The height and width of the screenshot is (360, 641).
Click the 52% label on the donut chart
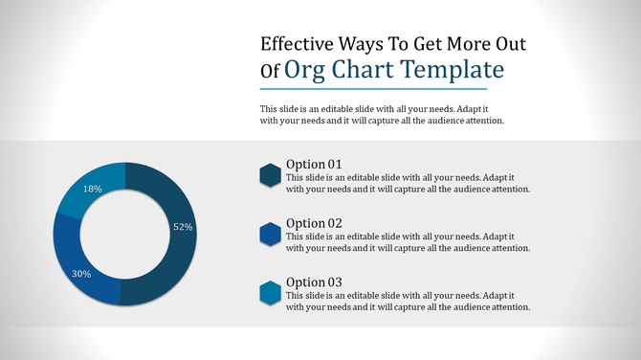(x=183, y=227)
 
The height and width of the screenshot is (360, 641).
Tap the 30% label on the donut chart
(x=81, y=274)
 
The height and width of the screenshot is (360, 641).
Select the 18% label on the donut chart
(x=93, y=190)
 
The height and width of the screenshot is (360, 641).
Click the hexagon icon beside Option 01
(x=270, y=175)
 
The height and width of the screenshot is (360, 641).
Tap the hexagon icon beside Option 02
(x=270, y=235)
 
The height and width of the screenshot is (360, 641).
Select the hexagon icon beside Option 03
(x=270, y=294)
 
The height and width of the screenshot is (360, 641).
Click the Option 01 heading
(x=314, y=164)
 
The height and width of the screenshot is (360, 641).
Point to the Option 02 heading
(x=314, y=223)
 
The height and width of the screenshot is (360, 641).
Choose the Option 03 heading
(x=314, y=282)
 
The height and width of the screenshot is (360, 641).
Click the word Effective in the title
(x=298, y=44)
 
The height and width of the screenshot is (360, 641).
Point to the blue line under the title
(x=381, y=89)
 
